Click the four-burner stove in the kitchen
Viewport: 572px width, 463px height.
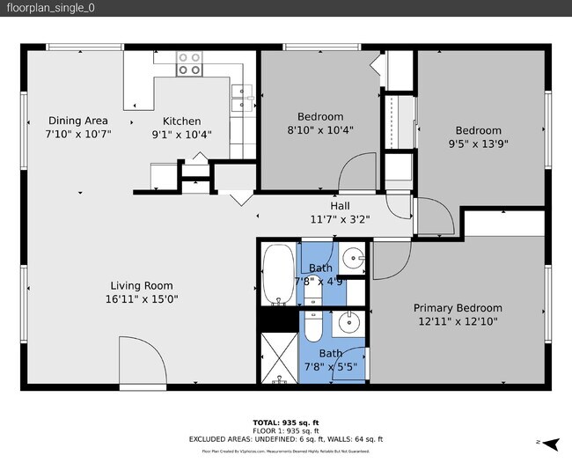(189, 63)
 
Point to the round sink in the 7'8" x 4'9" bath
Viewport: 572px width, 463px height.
(354, 259)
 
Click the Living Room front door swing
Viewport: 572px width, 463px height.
(141, 364)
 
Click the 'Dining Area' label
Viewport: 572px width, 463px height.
(77, 121)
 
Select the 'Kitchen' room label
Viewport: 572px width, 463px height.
(181, 121)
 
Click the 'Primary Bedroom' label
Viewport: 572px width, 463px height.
(458, 308)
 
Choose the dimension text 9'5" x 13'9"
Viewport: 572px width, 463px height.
(478, 143)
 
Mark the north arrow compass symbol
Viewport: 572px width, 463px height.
(550, 443)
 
